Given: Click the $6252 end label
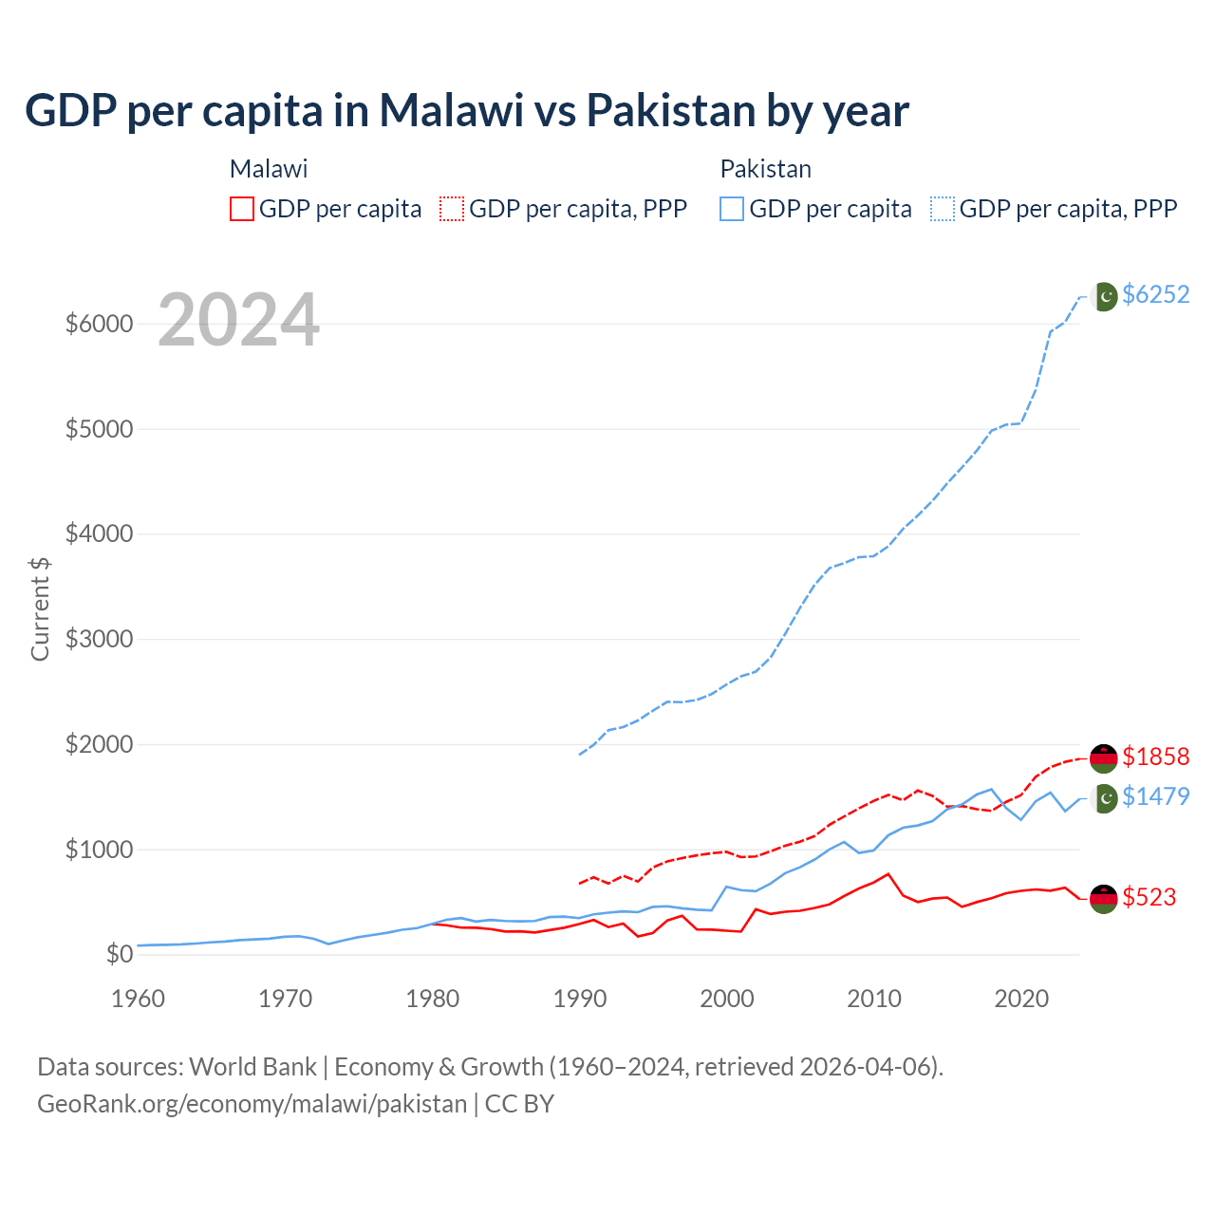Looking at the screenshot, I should coord(1155,294).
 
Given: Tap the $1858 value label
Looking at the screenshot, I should coord(1155,757).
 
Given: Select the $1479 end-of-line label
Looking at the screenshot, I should coord(1155,796).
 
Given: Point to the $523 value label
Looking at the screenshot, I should coord(1149,897).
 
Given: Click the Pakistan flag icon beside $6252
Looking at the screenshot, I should coord(1104,296).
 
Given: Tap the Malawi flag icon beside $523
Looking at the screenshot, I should coord(1103,898).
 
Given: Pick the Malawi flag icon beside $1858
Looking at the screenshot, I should coord(1103,757).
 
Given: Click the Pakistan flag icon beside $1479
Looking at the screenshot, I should coord(1104,798).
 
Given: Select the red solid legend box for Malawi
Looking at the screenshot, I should coord(242,209).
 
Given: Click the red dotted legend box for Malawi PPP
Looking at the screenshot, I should coord(452,209).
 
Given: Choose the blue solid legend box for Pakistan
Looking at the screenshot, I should coord(732,209).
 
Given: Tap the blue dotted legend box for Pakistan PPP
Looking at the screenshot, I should coord(943,209).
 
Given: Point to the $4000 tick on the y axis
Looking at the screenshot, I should coord(99,534).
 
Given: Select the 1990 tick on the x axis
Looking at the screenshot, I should coord(579,999).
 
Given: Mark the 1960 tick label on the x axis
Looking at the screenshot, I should coord(139,999).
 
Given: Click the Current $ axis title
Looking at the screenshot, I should coord(40,608).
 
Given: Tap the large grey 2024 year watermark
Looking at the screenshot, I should coord(238,320).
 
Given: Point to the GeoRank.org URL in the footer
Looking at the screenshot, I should coord(252,1104).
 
